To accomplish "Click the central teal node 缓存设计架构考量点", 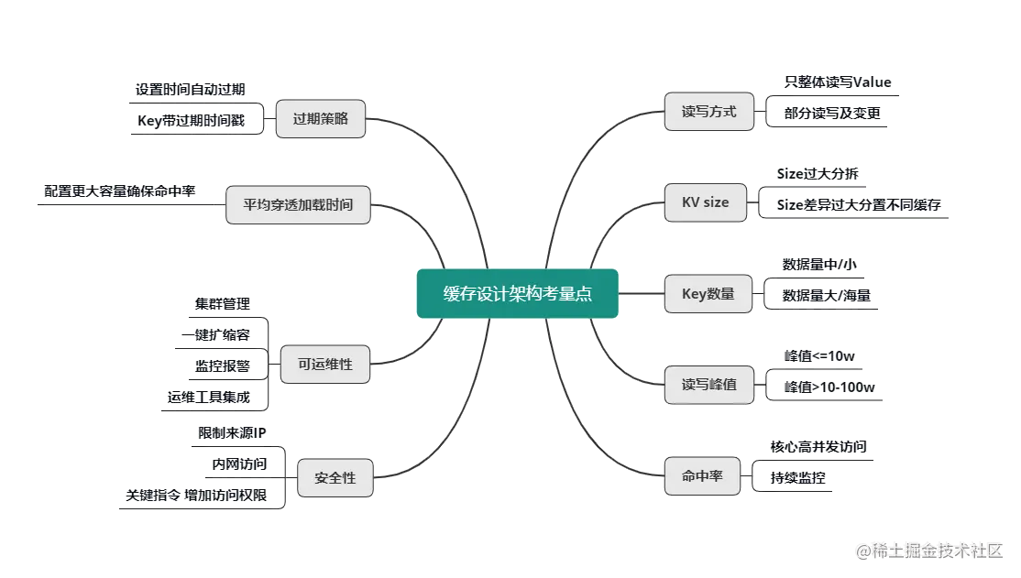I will point(518,293).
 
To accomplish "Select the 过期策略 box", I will point(321,118).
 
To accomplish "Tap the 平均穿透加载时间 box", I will point(298,205).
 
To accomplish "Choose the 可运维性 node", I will point(325,365).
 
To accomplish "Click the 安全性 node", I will point(335,477).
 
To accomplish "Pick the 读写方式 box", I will point(708,113).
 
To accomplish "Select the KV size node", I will point(705,202).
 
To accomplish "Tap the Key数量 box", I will point(708,294).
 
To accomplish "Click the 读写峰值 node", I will point(708,385).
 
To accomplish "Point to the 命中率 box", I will point(702,476).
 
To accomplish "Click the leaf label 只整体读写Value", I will point(838,82).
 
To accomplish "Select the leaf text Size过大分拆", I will point(818,173).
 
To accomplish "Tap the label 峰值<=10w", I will point(820,355).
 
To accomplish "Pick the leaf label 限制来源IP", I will point(233,432).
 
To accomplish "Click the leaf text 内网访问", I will point(240,463).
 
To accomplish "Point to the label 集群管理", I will point(221,302).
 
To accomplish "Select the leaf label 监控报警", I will point(221,365).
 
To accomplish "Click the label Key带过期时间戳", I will point(191,121).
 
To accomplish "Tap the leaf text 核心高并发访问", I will point(819,447).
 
